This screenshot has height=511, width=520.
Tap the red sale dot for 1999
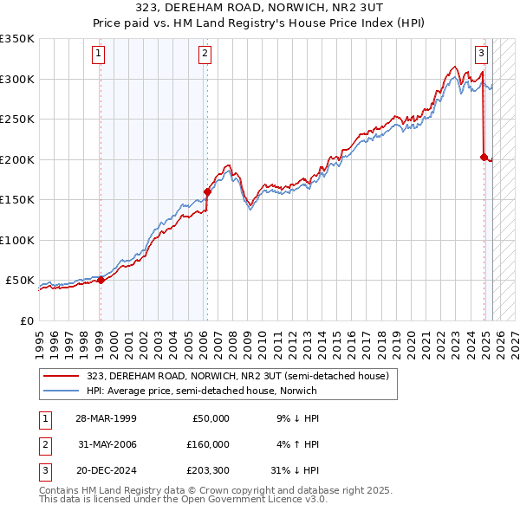[x=101, y=280]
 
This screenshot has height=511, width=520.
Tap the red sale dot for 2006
[x=207, y=191]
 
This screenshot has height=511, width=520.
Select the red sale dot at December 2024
[x=484, y=157]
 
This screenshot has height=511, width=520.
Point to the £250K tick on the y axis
[x=17, y=120]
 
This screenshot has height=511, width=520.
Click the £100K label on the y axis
[x=17, y=240]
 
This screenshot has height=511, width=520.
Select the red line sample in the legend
[x=62, y=377]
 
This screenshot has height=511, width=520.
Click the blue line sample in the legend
[x=62, y=391]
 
